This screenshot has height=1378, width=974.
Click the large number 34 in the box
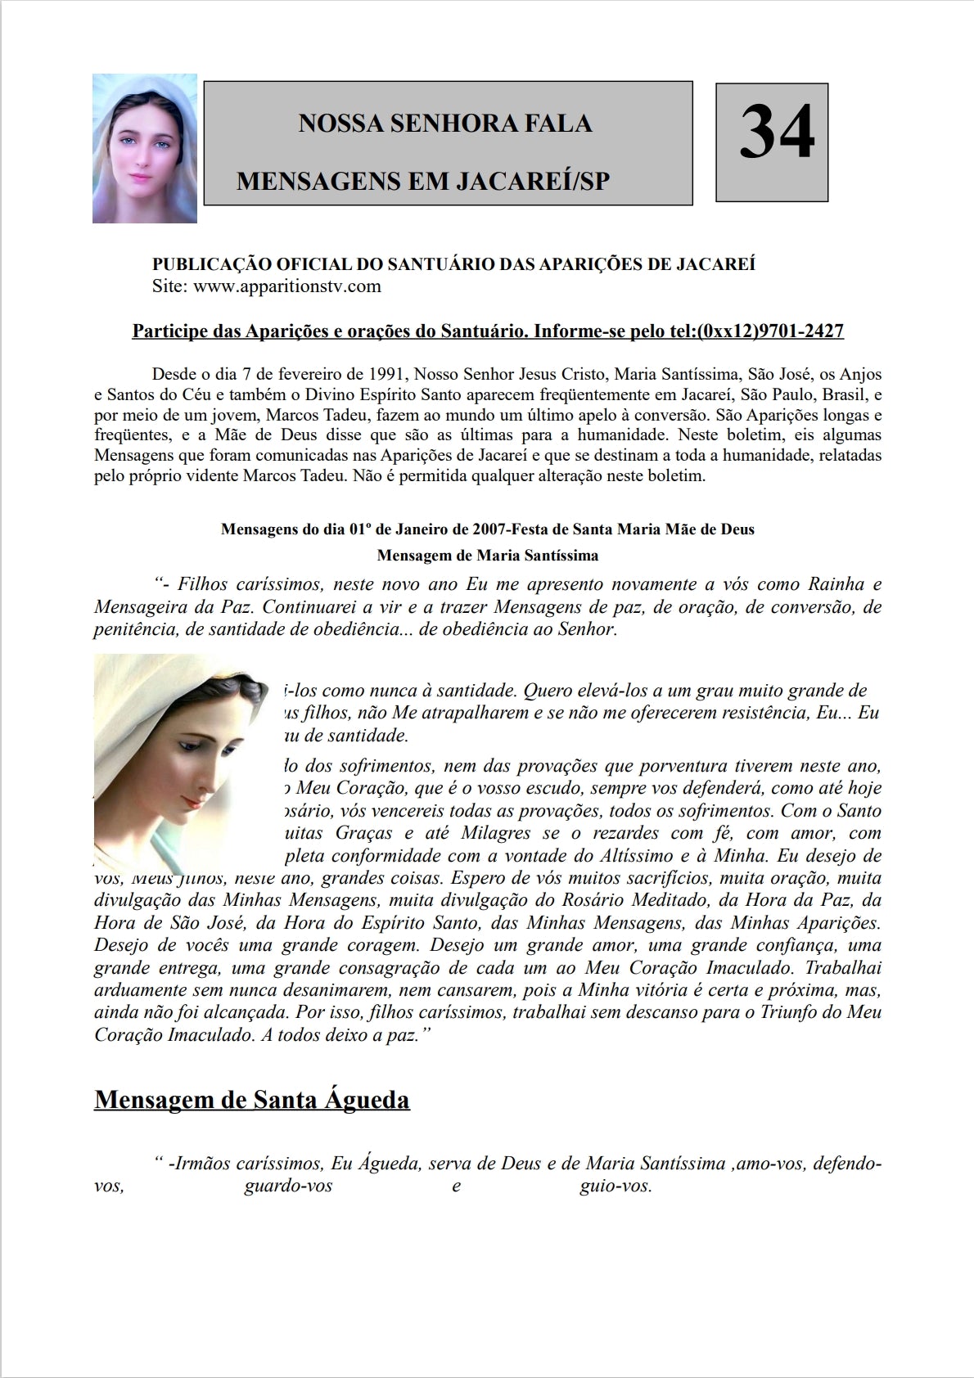(x=777, y=135)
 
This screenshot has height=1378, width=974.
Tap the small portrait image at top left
(x=145, y=148)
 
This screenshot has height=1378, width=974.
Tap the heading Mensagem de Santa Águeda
(x=252, y=1099)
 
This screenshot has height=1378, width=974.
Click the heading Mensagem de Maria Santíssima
(x=487, y=556)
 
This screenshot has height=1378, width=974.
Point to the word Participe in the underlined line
(x=168, y=331)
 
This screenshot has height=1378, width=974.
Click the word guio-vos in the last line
(x=615, y=1186)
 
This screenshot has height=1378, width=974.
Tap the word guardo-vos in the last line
(x=288, y=1186)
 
